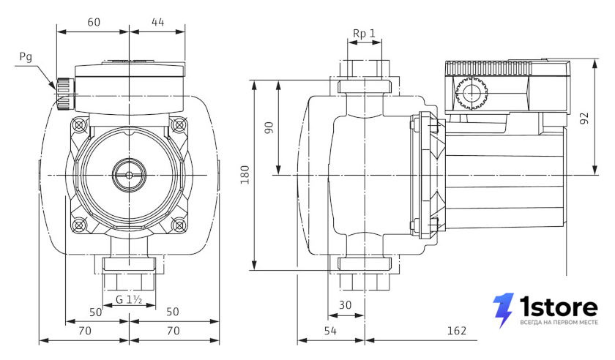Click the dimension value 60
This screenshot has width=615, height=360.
pyautogui.click(x=94, y=23)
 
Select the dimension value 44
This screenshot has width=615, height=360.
pyautogui.click(x=157, y=23)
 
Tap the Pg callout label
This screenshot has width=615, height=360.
pyautogui.click(x=26, y=57)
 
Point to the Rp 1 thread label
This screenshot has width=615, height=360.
pyautogui.click(x=364, y=34)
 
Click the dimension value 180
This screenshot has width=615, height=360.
pyautogui.click(x=245, y=175)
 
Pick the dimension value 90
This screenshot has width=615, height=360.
pyautogui.click(x=269, y=127)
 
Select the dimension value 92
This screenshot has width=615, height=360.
pyautogui.click(x=584, y=119)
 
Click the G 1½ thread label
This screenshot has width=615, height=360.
pyautogui.click(x=129, y=299)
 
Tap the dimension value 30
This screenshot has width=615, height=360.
pyautogui.click(x=345, y=304)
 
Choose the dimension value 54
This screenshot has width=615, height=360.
pyautogui.click(x=330, y=331)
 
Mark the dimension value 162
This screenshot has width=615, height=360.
pyautogui.click(x=457, y=331)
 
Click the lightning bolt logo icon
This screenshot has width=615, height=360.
pyautogui.click(x=503, y=310)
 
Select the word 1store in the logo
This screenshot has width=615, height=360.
pyautogui.click(x=559, y=307)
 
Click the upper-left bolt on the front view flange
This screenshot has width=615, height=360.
pyautogui.click(x=80, y=125)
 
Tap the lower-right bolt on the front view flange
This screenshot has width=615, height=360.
pyautogui.click(x=179, y=225)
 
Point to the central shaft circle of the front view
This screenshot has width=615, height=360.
pyautogui.click(x=129, y=175)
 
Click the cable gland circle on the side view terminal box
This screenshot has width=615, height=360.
pyautogui.click(x=471, y=94)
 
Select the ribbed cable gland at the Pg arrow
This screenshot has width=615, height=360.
pyautogui.click(x=64, y=94)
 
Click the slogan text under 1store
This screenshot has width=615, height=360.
pyautogui.click(x=559, y=323)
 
